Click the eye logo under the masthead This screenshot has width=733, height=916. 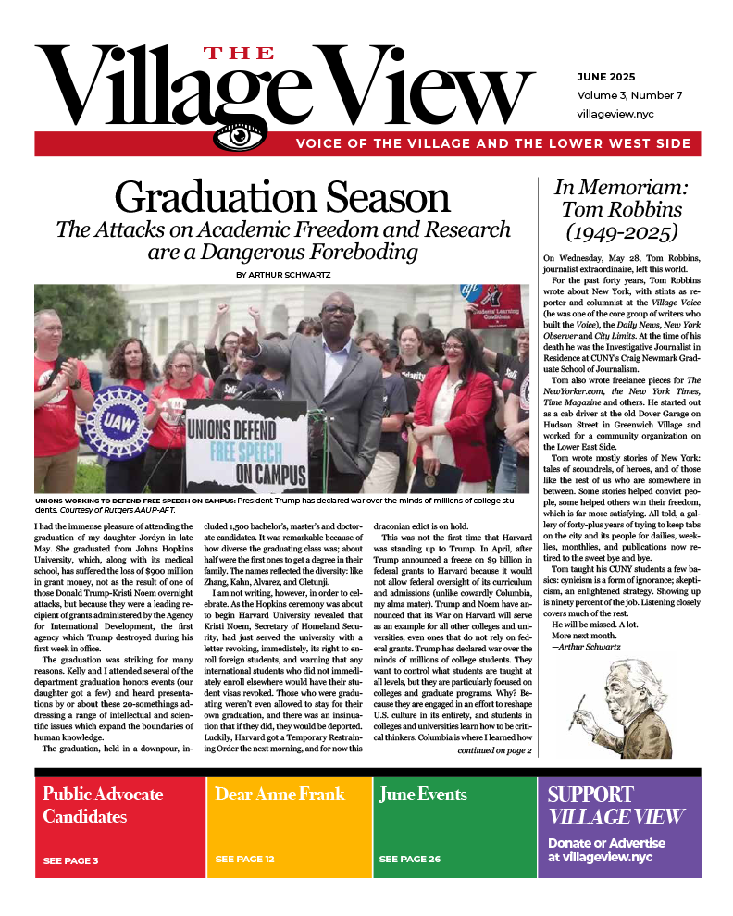pos(239,137)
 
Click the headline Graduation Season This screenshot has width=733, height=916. pos(282,199)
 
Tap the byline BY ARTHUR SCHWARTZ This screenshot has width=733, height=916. pos(282,274)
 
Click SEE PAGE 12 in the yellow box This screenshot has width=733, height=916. pos(244,860)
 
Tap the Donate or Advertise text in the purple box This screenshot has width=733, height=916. pos(605,843)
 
